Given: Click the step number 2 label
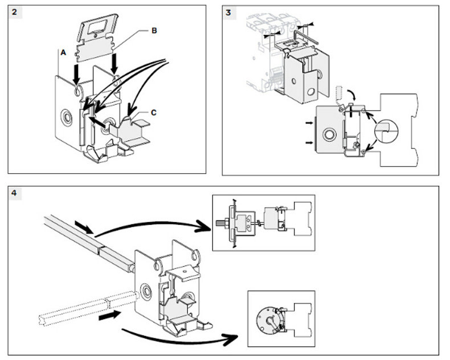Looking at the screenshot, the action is point(15,12).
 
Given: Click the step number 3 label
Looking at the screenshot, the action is point(228,13).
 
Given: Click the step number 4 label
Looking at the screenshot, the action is point(14,193).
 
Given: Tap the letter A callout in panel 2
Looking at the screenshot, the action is point(63,52).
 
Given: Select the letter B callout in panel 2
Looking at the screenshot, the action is point(154,31).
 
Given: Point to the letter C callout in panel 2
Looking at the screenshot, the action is point(154,113).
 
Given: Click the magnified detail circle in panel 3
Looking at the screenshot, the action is point(387,131).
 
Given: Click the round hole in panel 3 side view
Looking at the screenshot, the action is point(329,134).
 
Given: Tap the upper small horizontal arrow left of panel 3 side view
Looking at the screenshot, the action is point(309,123).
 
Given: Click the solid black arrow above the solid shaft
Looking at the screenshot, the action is point(84,227).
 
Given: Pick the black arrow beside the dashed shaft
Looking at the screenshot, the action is point(109,316).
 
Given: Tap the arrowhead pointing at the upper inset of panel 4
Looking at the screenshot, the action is point(203,226).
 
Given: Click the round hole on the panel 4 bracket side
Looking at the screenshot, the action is point(146,292).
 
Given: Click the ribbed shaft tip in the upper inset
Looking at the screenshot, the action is point(219,223).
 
